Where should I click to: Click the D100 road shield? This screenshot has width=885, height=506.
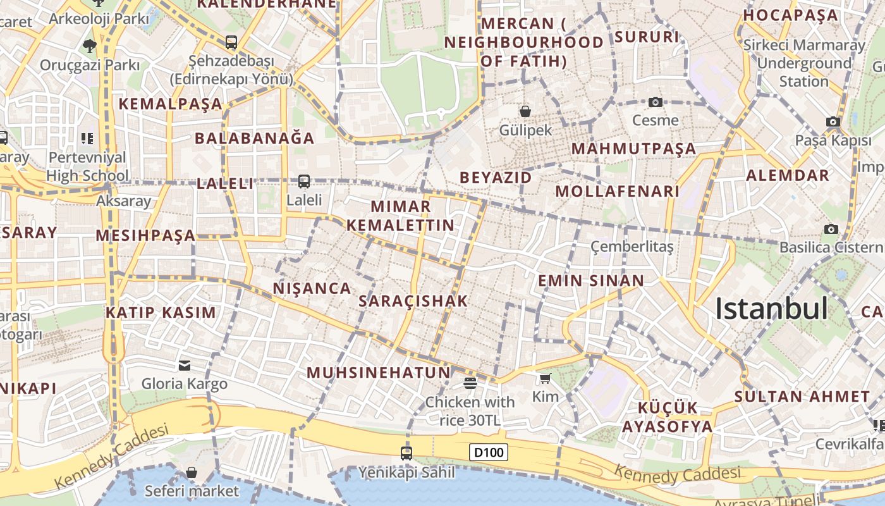click(489, 452)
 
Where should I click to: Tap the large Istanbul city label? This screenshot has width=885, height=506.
click(771, 309)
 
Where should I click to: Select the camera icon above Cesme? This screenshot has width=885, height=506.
click(655, 102)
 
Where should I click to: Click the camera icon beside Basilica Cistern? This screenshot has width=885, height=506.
click(831, 229)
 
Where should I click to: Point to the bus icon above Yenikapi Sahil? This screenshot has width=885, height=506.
click(406, 453)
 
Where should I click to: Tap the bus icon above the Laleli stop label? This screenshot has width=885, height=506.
click(304, 182)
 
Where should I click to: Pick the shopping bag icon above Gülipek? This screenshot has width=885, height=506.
click(525, 112)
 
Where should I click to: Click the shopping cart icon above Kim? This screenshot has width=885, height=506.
click(545, 378)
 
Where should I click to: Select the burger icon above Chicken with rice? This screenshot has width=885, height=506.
click(470, 383)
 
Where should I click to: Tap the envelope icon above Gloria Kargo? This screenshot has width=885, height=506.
click(185, 365)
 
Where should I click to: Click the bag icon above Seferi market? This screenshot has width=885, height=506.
click(192, 472)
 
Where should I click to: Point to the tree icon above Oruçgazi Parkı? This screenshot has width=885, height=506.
click(89, 46)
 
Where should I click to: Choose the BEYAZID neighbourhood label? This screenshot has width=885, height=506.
click(496, 178)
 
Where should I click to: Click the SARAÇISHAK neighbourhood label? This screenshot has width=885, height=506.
click(413, 301)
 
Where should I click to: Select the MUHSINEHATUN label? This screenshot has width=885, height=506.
click(379, 373)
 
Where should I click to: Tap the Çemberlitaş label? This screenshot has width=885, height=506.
click(632, 247)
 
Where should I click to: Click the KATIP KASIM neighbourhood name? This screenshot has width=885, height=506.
click(161, 312)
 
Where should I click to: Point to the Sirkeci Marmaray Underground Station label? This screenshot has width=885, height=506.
click(803, 63)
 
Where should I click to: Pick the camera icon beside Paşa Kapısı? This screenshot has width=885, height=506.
click(833, 121)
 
